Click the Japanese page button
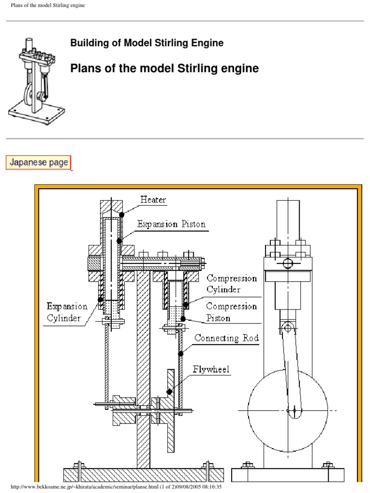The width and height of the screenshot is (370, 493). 39,163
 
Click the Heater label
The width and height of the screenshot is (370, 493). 153,200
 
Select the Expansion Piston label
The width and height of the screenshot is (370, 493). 172,224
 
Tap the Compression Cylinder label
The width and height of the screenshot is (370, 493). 232,284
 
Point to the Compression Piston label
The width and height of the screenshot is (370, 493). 231,312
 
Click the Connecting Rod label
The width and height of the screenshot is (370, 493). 226,338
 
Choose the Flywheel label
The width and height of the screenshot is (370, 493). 211,369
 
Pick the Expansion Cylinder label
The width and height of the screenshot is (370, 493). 67,312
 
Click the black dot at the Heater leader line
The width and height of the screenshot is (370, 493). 122,214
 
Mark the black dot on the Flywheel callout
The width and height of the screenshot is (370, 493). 169,392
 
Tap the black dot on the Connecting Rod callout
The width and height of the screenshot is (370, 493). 181,354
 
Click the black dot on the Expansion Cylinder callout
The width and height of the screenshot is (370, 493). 100,299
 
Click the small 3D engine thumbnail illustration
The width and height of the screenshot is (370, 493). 36,81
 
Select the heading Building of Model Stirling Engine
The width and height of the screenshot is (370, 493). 147,43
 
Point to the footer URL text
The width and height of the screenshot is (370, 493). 116,487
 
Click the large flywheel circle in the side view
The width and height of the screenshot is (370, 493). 288,410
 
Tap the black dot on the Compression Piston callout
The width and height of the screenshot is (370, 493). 183,319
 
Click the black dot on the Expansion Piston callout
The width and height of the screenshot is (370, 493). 119,241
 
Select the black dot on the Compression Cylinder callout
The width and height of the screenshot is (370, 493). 186,304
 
